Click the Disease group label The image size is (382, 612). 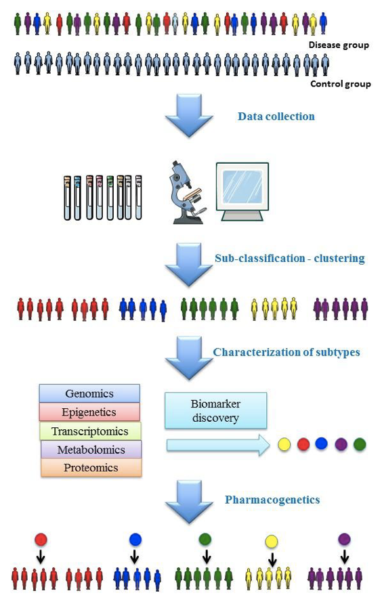[x=339, y=45]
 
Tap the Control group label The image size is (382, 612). [x=341, y=84]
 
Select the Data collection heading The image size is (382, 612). [x=276, y=116]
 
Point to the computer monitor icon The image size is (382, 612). [x=242, y=191]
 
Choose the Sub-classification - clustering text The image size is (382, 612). [x=290, y=259]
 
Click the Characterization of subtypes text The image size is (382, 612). [x=286, y=352]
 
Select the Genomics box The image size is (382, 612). [x=89, y=393]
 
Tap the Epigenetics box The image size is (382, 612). [x=89, y=412]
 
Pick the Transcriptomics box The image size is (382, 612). [x=90, y=431]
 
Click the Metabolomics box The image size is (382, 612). [x=91, y=450]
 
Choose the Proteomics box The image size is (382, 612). [x=91, y=468]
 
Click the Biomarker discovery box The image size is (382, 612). [x=215, y=411]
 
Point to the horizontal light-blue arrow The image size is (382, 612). [x=218, y=445]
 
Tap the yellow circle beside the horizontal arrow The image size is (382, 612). [x=284, y=444]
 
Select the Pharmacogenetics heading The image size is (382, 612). [x=272, y=500]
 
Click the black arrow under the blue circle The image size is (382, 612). [x=134, y=556]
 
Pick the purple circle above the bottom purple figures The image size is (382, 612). [x=344, y=540]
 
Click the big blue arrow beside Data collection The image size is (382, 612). [x=189, y=116]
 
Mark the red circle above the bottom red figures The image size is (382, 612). [x=41, y=540]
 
